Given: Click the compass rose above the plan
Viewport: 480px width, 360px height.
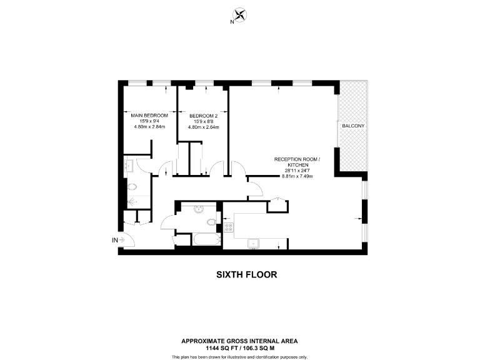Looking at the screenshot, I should click(239, 15).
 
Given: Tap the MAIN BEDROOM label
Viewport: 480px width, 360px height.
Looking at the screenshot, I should click(149, 116).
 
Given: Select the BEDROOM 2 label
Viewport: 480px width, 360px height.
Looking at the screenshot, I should click(203, 116).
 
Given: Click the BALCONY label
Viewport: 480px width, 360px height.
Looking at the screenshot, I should click(353, 126).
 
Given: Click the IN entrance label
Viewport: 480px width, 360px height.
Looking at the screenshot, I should click(114, 239).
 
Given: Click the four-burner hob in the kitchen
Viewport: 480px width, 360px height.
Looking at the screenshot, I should click(228, 227).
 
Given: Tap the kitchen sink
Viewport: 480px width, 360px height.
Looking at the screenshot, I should click(254, 242).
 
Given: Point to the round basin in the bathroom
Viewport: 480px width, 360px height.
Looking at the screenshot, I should click(198, 209).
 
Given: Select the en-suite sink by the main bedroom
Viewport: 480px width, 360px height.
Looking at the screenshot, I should click(129, 166).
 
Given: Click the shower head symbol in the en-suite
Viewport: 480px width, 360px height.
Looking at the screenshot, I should click(131, 202).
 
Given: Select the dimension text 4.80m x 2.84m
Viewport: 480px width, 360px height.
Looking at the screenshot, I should click(149, 127).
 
